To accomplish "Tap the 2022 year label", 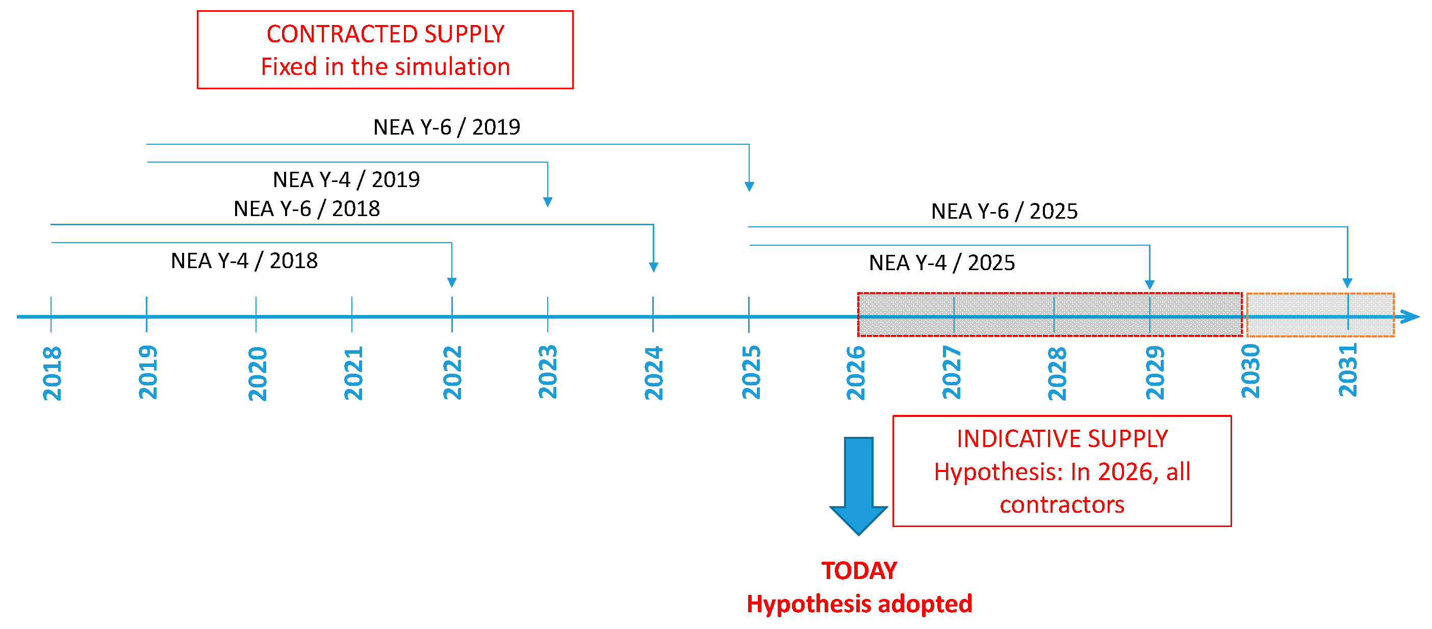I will [x=452, y=373].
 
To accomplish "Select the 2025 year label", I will [x=751, y=372].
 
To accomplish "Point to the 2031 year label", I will [x=1347, y=370].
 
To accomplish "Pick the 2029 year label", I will [x=1155, y=372].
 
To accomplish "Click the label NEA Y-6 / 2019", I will [x=446, y=127].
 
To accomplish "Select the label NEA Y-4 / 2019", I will [x=346, y=179].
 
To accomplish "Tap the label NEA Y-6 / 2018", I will [x=306, y=209].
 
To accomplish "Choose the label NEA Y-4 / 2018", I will [x=244, y=260].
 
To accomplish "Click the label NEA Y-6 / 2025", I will [x=1004, y=211].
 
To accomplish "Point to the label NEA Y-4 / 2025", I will [x=942, y=263].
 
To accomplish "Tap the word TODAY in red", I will [x=859, y=571].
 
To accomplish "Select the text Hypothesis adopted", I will [x=859, y=604].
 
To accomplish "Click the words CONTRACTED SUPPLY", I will [x=385, y=34].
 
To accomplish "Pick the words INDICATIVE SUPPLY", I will [x=1062, y=438].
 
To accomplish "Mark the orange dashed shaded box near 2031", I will [x=1320, y=315].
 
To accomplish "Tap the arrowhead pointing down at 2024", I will [x=653, y=267].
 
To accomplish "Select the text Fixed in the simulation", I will [x=385, y=67].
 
